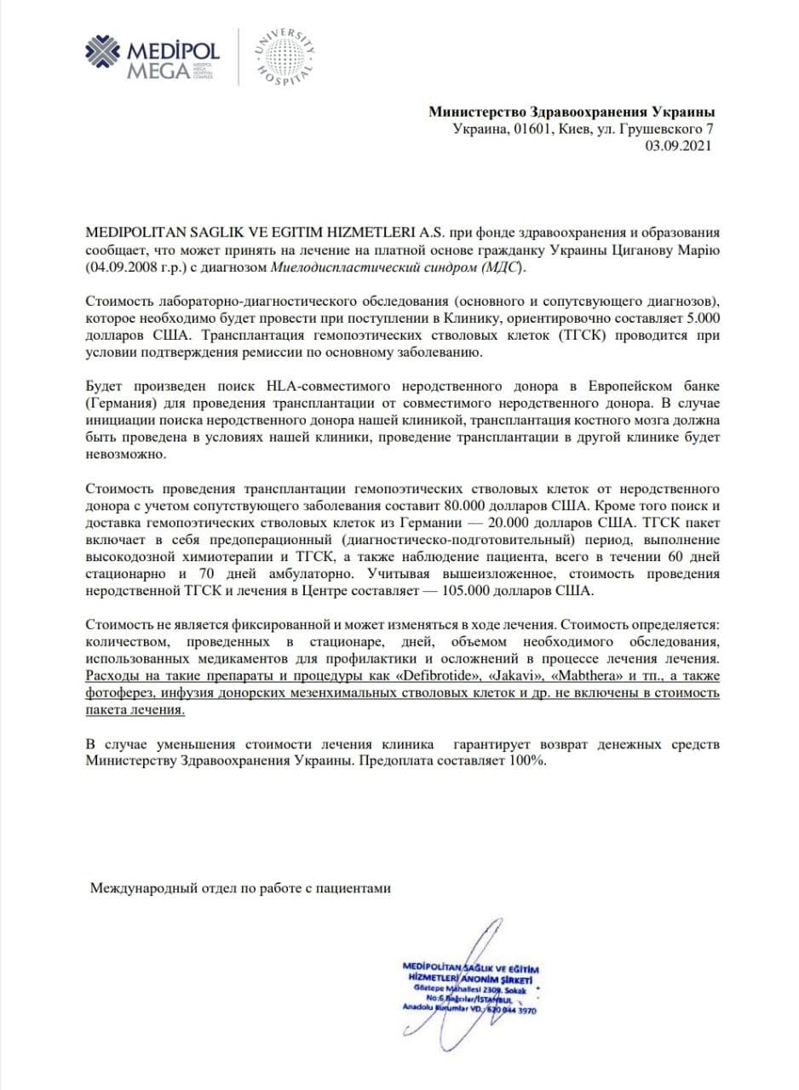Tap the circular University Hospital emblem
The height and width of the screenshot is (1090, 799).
point(286,57)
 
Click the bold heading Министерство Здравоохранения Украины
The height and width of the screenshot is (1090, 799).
point(572,112)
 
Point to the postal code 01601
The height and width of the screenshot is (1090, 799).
point(530,129)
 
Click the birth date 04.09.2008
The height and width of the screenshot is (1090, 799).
point(118,268)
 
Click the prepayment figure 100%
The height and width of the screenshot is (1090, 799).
point(526,762)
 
